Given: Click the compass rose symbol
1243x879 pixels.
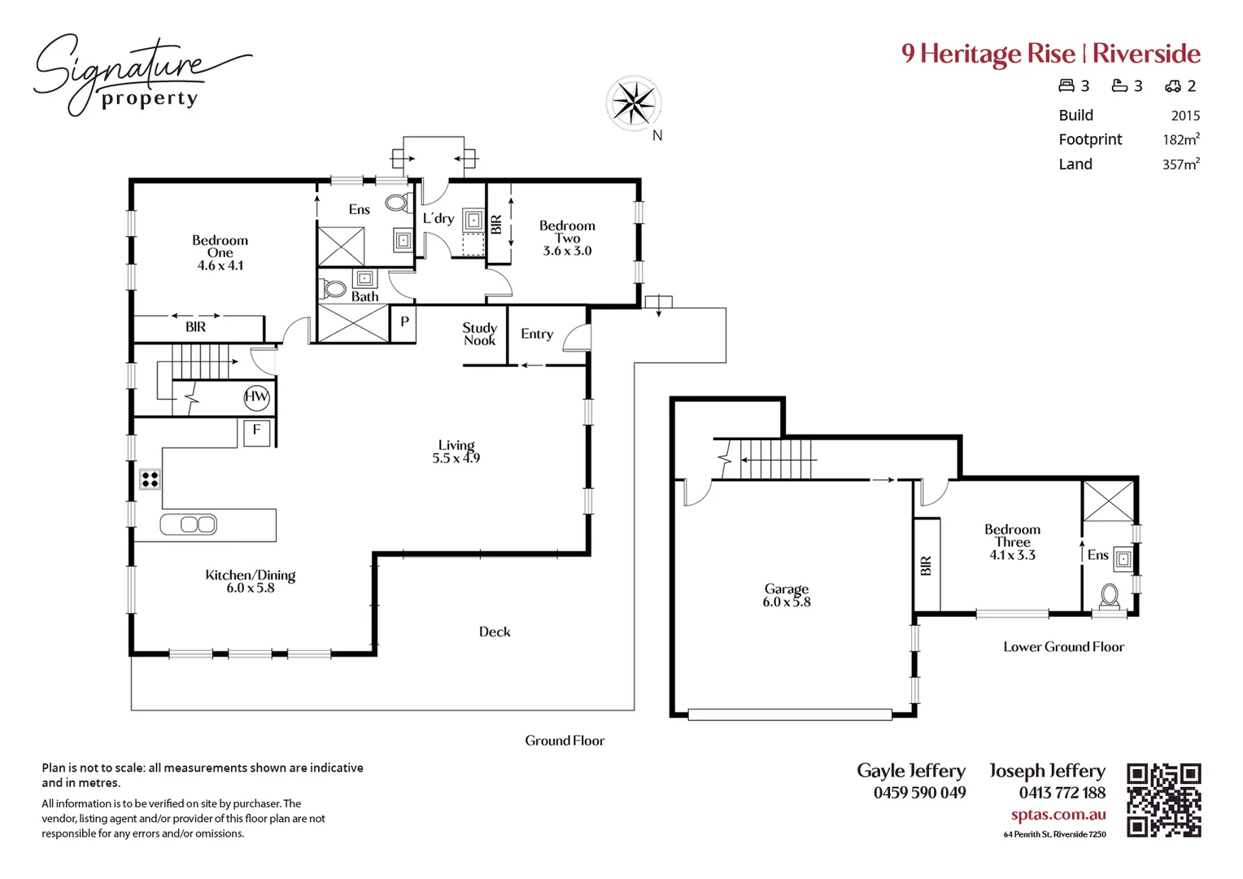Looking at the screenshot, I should [633, 103].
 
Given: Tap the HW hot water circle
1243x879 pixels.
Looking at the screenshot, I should [256, 397].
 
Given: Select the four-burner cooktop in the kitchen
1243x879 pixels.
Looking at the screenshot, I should [150, 479].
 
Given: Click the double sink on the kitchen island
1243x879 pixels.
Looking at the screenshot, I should [188, 525].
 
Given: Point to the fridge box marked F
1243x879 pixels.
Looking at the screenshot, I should [256, 431].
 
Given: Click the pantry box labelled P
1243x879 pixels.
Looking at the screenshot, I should [404, 322].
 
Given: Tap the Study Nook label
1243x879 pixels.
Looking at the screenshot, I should [479, 334].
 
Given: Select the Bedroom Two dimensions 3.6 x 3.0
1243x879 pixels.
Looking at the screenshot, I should [567, 251].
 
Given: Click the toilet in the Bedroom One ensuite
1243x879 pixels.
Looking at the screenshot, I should [397, 203].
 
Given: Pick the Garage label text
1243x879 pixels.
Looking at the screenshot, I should [786, 588].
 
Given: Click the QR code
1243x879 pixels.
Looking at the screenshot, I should [1163, 800].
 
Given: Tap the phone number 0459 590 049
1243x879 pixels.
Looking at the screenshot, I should [919, 793].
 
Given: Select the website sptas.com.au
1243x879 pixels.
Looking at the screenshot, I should [1058, 815].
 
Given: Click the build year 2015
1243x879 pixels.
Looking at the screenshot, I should [1185, 116].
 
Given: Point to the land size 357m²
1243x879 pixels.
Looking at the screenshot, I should [1180, 164].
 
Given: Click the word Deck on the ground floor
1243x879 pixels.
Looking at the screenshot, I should [495, 632].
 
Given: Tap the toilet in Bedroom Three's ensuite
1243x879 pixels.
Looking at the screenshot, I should [1110, 595].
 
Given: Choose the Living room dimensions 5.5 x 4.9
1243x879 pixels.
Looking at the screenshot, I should [456, 458].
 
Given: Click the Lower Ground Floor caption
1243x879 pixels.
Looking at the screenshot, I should [1063, 647].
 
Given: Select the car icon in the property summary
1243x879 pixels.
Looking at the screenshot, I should [1172, 86].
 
